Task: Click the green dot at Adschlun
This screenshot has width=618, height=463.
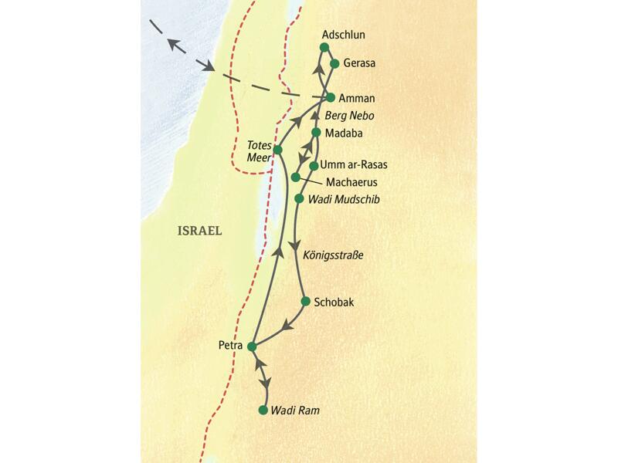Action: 324,48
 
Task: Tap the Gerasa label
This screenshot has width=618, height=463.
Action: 359,64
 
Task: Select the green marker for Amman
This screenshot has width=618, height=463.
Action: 331,98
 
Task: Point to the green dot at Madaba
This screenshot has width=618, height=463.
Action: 315,133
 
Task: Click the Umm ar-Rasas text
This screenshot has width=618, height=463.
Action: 358,165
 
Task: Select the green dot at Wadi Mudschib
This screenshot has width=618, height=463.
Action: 300,199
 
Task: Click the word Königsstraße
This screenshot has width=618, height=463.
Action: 335,255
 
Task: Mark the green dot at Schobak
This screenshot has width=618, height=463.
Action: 305,301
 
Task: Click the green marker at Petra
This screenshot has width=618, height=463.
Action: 251,346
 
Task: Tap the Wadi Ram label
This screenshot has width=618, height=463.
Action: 294,411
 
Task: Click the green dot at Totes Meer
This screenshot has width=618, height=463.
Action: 277,149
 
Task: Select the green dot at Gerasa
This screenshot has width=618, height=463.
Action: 334,64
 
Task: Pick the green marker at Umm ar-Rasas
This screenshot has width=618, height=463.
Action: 314,165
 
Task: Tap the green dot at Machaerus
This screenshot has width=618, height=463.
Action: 296,177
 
